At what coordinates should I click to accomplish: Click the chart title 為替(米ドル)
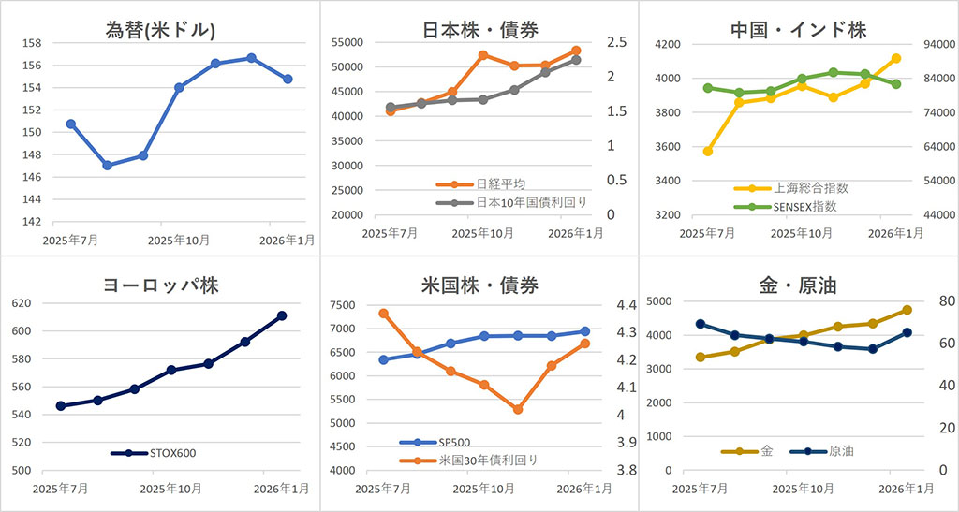click(161, 30)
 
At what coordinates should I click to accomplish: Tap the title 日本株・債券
click(479, 29)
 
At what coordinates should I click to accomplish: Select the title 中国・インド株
click(798, 30)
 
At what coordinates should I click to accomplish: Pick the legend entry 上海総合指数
click(806, 188)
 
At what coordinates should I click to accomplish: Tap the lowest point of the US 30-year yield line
click(517, 409)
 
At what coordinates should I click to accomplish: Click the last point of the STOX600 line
click(281, 316)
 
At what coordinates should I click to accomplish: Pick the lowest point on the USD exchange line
click(108, 166)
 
